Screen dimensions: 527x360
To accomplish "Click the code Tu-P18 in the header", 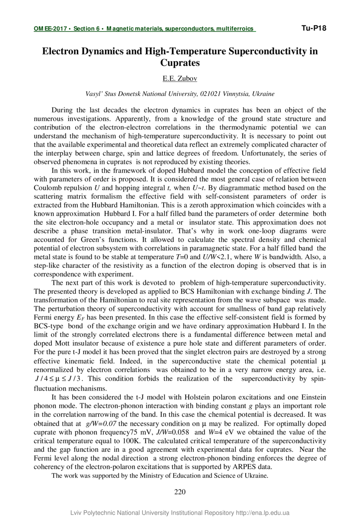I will [x=314, y=28].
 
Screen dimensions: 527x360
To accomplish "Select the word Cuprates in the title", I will [x=180, y=63].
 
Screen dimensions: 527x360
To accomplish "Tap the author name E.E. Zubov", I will [x=180, y=79].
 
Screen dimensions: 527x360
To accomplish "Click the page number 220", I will [x=180, y=492].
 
